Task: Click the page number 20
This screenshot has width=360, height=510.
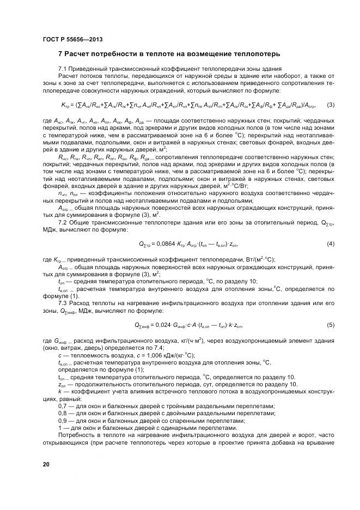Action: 46,463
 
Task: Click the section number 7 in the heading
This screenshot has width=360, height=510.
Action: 60,54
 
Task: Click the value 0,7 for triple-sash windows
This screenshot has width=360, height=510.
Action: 62,405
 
